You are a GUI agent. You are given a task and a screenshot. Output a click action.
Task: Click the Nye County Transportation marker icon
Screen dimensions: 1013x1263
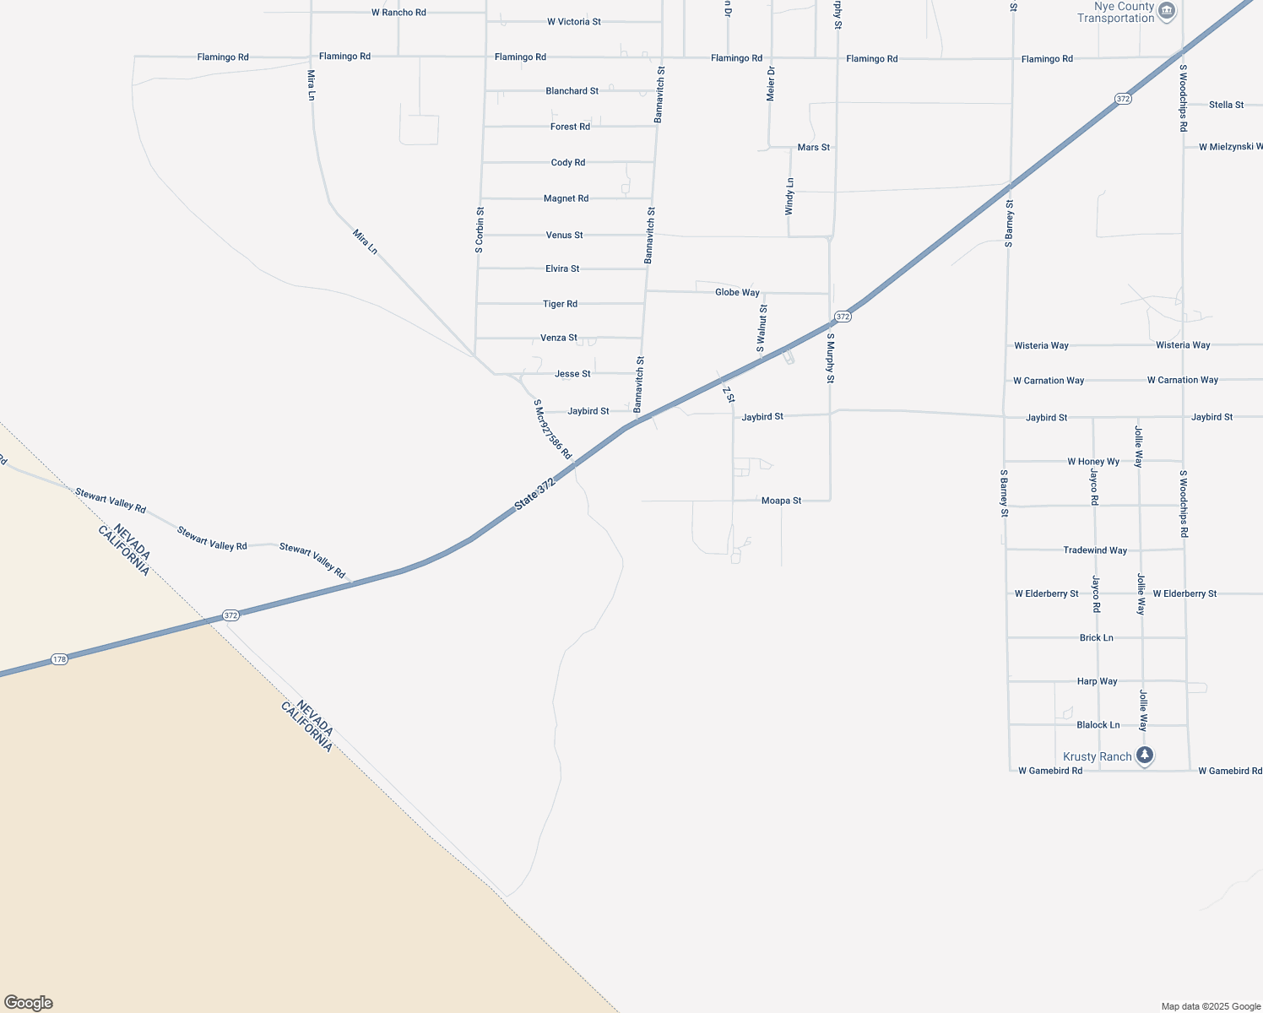coord(1167,11)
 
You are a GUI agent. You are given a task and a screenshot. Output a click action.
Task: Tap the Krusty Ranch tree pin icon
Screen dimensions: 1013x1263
coord(1145,755)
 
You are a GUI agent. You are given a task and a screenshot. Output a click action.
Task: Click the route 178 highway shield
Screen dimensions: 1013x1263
coord(58,659)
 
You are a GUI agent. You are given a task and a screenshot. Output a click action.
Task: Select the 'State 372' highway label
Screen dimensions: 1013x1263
coord(535,494)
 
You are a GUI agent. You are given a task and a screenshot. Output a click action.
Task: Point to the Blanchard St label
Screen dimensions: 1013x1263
coord(572,91)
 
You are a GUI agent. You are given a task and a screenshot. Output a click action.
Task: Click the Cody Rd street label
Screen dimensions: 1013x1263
coord(567,163)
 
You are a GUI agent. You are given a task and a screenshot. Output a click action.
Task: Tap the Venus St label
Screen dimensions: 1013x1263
coord(564,236)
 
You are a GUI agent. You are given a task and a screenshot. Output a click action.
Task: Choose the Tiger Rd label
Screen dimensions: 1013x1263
coord(560,304)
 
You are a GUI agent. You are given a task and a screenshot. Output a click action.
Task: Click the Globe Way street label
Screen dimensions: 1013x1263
coord(737,293)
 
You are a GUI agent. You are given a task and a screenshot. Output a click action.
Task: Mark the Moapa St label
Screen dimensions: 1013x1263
coord(781,501)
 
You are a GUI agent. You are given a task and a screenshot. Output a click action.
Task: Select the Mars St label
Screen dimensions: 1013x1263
coord(813,148)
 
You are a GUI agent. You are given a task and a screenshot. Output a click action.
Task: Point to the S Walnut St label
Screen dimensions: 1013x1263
coord(762,328)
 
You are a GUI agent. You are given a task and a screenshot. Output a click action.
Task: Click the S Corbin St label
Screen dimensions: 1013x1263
coord(480,230)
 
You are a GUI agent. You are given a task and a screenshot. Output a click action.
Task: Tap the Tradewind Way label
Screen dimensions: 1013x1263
coord(1095,550)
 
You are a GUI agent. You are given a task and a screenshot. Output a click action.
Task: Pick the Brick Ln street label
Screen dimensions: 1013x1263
coord(1096,638)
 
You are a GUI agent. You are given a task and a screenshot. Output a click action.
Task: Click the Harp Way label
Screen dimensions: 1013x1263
coord(1097,681)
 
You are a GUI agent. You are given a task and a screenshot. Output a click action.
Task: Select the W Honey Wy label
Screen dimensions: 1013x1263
coord(1093,462)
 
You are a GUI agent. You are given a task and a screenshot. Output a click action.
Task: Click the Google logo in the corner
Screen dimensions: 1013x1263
coord(28,1003)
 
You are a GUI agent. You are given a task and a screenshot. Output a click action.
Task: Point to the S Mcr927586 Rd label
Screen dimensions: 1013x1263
coord(553,430)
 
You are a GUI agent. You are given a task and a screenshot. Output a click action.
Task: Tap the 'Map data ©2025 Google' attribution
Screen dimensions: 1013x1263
coord(1211,1006)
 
